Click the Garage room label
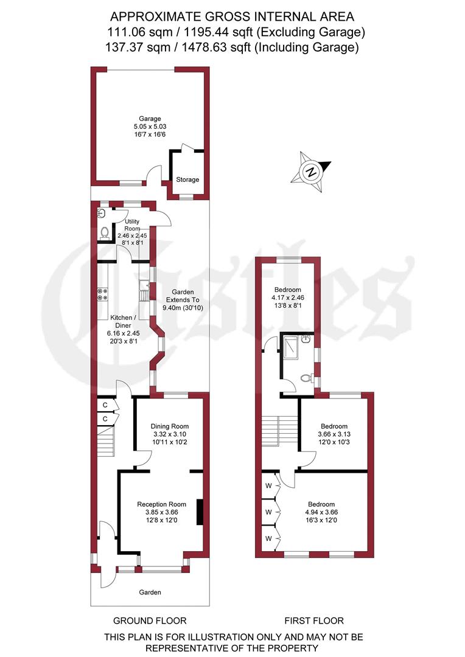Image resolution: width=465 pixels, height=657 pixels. click(149, 119)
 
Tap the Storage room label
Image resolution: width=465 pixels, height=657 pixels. click(187, 180)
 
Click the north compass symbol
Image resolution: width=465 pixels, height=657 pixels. click(311, 171)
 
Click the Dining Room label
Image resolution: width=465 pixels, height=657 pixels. click(170, 426)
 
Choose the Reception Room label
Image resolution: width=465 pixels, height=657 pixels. click(161, 504)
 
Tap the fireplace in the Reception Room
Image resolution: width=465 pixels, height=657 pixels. click(199, 512)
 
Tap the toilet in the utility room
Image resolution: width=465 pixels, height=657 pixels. click(105, 232)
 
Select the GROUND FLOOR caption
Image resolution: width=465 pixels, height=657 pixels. click(150, 620)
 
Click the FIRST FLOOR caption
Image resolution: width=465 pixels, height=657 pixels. click(314, 620)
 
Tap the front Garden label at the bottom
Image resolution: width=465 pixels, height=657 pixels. click(150, 592)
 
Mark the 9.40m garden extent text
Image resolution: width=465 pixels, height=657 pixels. click(184, 308)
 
